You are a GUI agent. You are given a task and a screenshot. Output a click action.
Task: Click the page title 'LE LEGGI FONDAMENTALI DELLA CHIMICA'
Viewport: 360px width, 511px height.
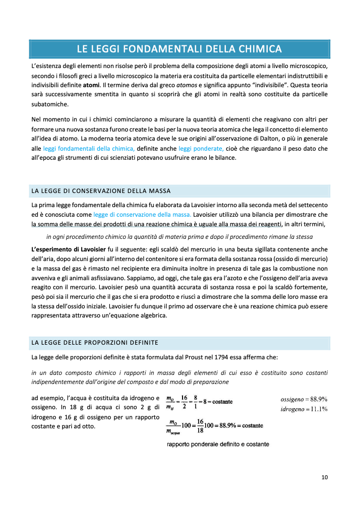[x=179, y=49]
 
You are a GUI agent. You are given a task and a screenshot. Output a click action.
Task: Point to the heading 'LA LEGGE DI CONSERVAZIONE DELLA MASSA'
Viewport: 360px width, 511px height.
[x=101, y=191]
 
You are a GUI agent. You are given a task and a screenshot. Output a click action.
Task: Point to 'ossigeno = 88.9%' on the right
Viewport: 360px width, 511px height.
[x=304, y=399]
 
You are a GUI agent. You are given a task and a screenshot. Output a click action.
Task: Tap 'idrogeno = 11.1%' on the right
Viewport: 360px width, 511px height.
[x=304, y=409]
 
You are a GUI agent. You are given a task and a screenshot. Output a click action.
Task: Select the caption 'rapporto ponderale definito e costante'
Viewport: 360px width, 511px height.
[x=218, y=444]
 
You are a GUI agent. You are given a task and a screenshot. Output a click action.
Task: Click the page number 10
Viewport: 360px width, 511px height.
[x=325, y=477]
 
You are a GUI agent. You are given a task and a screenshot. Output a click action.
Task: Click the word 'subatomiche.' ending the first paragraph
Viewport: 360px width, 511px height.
[x=49, y=104]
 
